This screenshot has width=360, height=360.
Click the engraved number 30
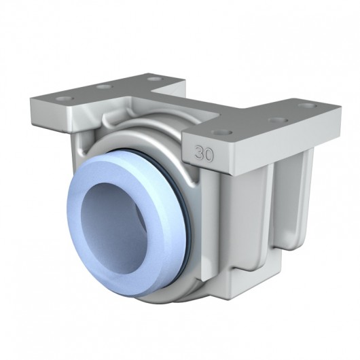(204, 154)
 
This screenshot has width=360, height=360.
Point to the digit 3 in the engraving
(199, 154)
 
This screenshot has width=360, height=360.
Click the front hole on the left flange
(64, 99)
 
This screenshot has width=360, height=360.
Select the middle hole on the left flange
(103, 87)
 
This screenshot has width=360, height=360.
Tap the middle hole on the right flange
(276, 121)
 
